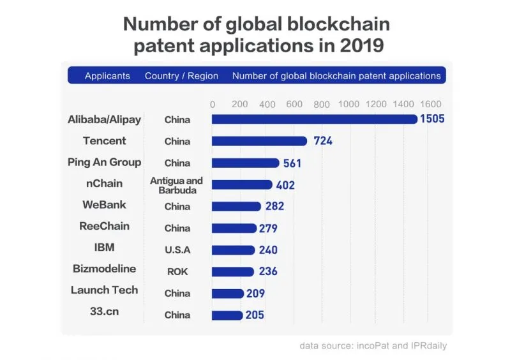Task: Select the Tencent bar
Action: pos(259,141)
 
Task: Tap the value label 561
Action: pos(292,163)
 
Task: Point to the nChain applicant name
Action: pos(104,184)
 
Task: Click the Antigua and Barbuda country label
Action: pos(177,185)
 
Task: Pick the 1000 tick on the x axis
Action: pos(349,104)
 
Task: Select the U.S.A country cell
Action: pos(177,250)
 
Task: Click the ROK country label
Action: pos(177,271)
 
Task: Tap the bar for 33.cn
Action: pos(227,315)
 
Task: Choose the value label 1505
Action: pos(432,119)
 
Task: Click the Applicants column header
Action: pos(107,76)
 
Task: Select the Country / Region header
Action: pos(181,76)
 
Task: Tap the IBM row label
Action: pos(105,248)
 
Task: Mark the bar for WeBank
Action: pos(236,206)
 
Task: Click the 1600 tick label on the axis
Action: pos(431,104)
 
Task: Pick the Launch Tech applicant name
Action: pos(105,290)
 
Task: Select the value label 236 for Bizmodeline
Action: pos(268,271)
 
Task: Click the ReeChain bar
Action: pos(234,228)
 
